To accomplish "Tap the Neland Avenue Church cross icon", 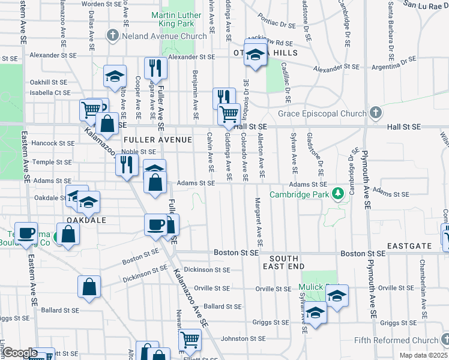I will click(112, 36).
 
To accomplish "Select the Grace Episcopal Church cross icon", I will click(375, 113).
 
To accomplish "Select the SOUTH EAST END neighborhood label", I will click(283, 260).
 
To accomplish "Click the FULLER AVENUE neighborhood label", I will click(157, 140).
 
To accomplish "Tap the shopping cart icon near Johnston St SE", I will click(190, 340).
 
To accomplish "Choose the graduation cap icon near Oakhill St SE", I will click(113, 76).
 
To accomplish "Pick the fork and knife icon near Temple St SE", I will click(126, 163).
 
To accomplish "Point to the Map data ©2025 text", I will click(423, 356).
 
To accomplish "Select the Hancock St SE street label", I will click(53, 143).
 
